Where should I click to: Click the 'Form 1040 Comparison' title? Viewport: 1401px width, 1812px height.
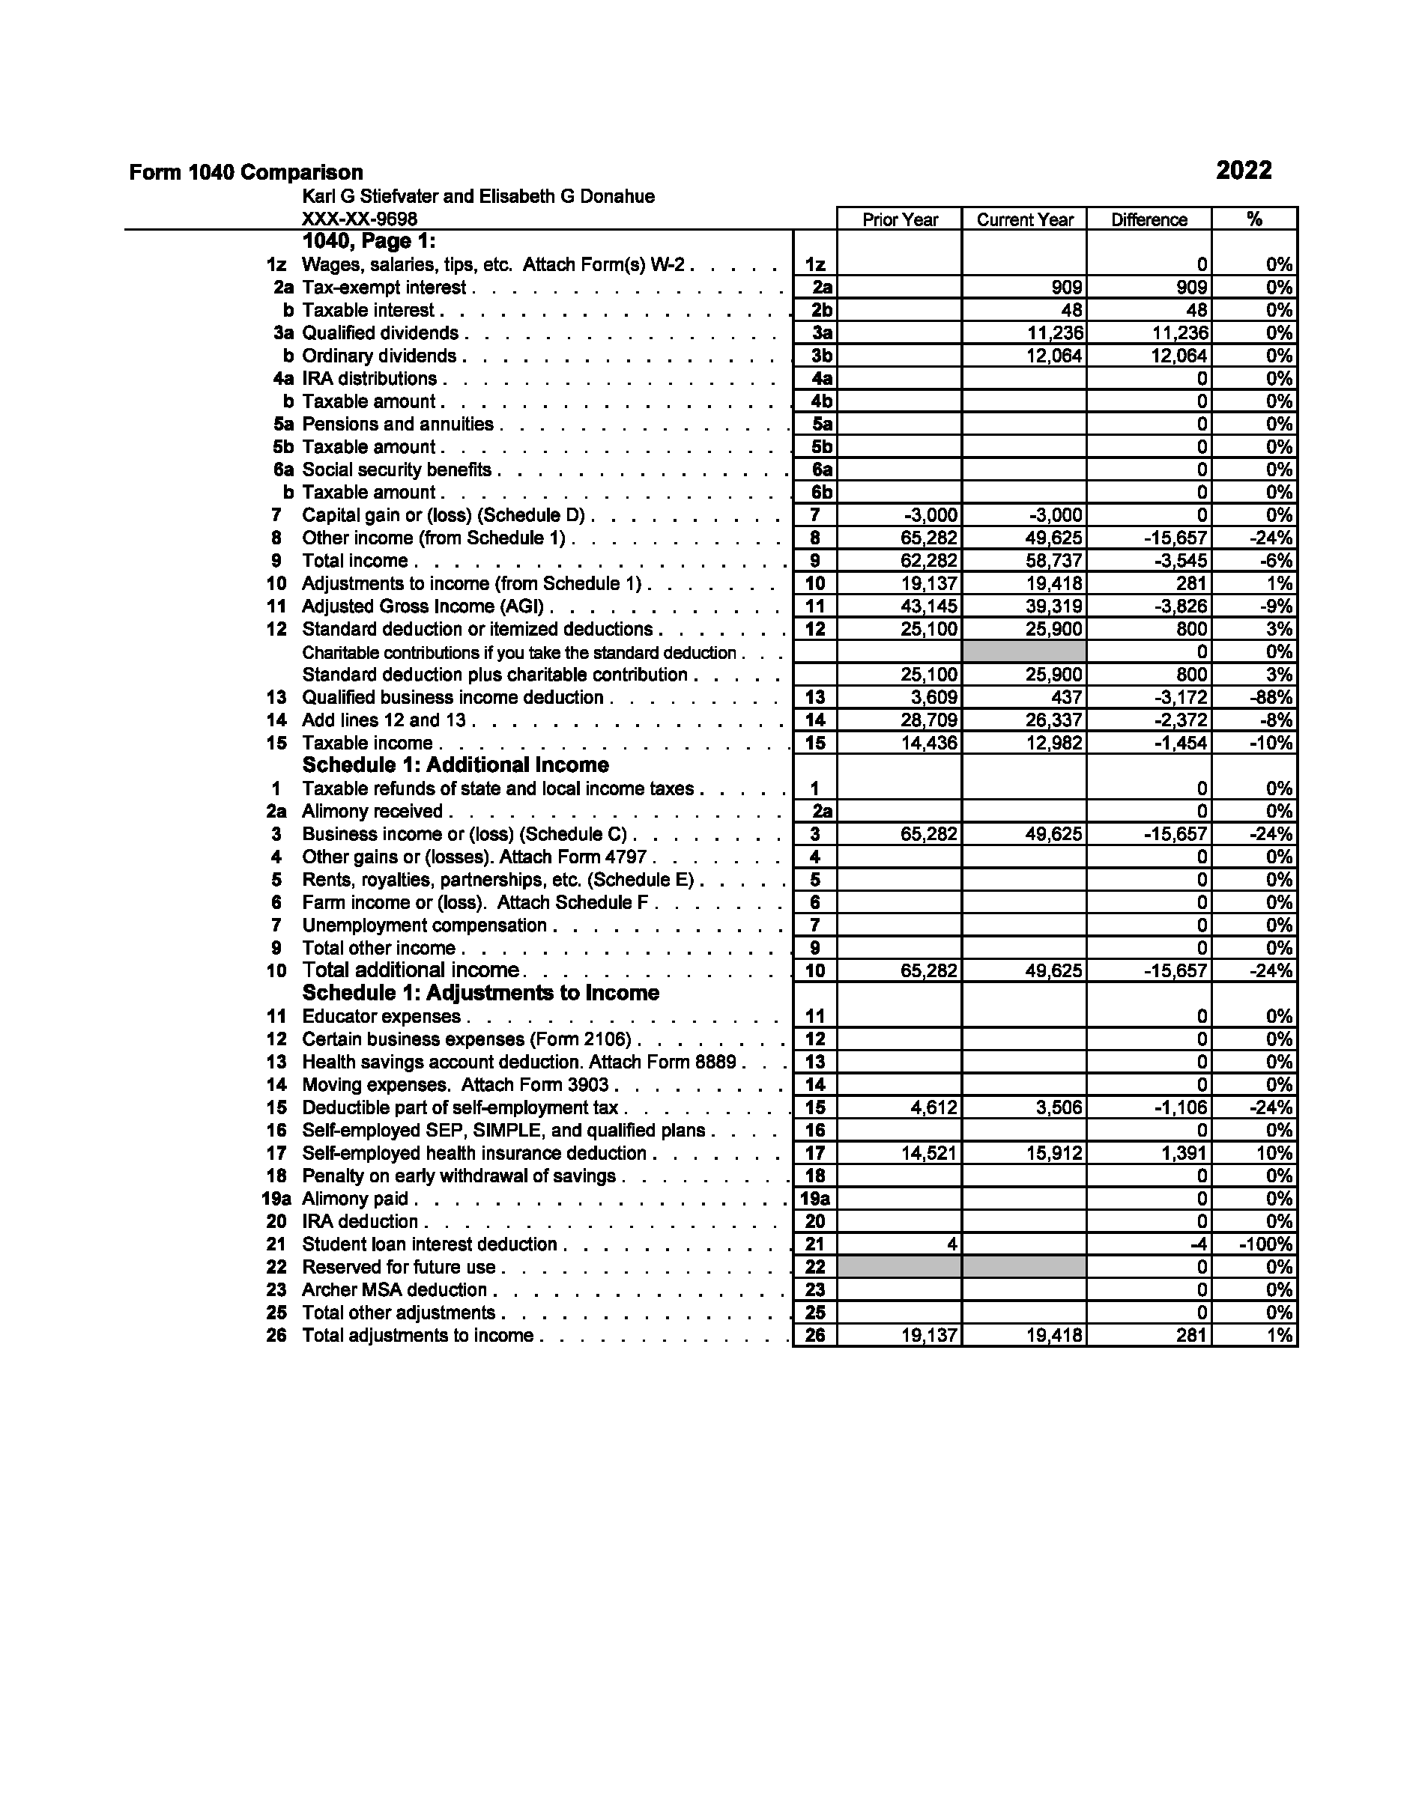(x=246, y=172)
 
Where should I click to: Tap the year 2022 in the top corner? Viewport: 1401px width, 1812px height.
(x=1244, y=171)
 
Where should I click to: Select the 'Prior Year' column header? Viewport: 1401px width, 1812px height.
(x=900, y=220)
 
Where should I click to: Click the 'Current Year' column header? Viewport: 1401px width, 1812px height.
(x=1024, y=220)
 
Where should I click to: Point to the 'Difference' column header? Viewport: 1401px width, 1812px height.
(x=1149, y=220)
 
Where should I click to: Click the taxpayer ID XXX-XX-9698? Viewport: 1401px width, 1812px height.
(x=360, y=219)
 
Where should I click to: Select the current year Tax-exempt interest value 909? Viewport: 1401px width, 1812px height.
(x=1065, y=288)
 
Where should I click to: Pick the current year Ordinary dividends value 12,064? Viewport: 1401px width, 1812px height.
(x=1054, y=356)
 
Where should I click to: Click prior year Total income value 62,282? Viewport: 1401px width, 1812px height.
(x=929, y=561)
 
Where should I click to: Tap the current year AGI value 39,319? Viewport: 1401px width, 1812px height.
(x=1054, y=606)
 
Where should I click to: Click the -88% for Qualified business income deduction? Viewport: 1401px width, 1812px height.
(x=1271, y=698)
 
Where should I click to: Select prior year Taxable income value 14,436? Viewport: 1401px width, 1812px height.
(x=929, y=744)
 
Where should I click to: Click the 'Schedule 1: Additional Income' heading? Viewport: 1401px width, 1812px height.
(x=455, y=765)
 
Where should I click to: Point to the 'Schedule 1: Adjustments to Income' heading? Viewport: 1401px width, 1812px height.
(x=480, y=993)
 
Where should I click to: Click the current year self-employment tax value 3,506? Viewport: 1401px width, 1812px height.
(x=1059, y=1107)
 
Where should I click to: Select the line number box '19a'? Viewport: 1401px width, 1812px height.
(x=814, y=1199)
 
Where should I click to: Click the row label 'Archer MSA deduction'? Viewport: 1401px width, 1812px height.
(x=394, y=1290)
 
